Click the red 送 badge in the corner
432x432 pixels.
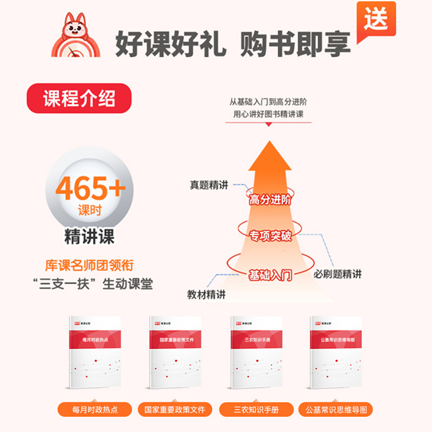[x=376, y=19]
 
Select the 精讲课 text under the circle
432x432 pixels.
[x=90, y=237]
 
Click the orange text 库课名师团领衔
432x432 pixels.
[x=90, y=266]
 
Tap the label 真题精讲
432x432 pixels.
[x=208, y=185]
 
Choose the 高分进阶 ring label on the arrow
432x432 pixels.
[x=270, y=199]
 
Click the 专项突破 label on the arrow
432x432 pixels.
[x=270, y=236]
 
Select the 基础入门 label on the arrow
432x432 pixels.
[x=270, y=275]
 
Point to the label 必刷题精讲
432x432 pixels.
[x=337, y=274]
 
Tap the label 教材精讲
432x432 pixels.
[x=206, y=295]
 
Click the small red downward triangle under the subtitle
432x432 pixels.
[x=269, y=124]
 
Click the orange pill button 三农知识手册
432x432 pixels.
[x=256, y=409]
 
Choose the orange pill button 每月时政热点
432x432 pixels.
[x=94, y=409]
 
